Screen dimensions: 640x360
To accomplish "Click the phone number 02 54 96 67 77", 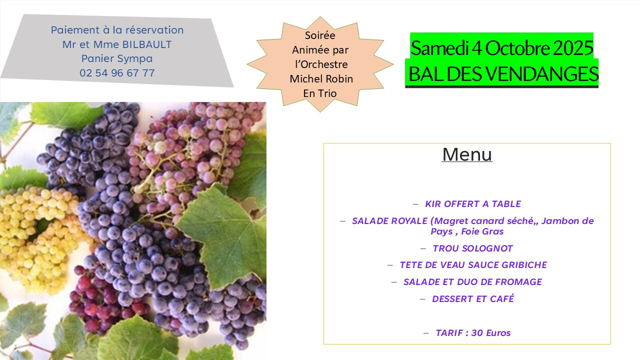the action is [x=117, y=73].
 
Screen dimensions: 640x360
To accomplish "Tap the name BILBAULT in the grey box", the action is [x=147, y=44].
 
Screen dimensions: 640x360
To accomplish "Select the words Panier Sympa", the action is [x=117, y=59].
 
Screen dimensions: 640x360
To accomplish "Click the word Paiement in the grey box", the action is [x=75, y=30].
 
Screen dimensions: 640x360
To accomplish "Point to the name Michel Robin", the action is [x=321, y=79].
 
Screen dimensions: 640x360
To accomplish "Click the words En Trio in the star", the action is [x=320, y=93].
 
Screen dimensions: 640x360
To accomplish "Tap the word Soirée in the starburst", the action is [x=320, y=35].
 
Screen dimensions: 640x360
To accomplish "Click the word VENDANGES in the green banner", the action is [x=542, y=74].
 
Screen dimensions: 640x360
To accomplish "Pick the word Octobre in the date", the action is [x=517, y=48].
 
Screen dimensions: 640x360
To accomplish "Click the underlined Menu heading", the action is [x=467, y=155].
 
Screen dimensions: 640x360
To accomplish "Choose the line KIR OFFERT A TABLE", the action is [x=473, y=204].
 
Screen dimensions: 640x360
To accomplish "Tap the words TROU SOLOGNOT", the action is [x=473, y=248].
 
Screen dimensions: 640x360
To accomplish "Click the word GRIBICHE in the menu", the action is [x=524, y=265].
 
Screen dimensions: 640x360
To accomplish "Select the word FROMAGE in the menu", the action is [x=518, y=282].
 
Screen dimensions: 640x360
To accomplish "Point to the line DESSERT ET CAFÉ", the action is [x=473, y=298].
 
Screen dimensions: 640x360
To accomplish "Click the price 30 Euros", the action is [x=491, y=333].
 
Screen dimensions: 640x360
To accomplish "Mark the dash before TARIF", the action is [x=426, y=333].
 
